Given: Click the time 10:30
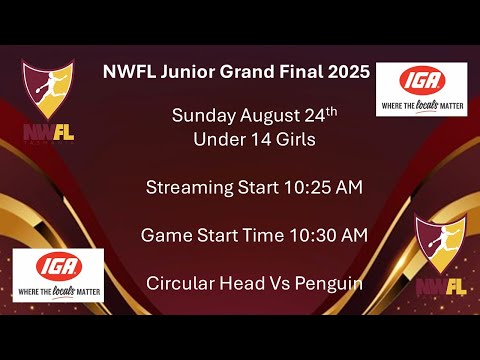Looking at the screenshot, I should (x=313, y=236).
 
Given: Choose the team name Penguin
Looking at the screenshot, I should (x=327, y=284).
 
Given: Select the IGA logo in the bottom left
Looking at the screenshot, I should (x=58, y=273).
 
